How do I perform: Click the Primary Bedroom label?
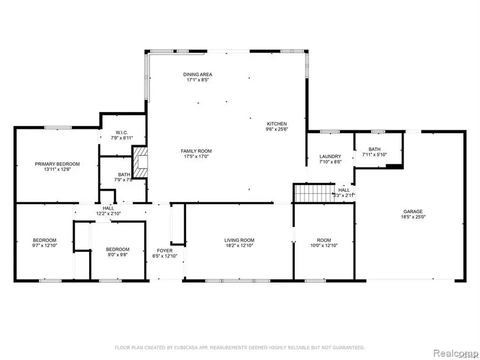pos(57,164)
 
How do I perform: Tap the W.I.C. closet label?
pos(121,133)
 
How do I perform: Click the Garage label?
pos(413,211)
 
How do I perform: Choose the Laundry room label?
pos(330,156)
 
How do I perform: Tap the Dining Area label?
pos(195,75)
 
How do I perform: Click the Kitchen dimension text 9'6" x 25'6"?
pos(277,129)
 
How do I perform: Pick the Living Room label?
pos(239,240)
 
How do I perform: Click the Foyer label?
pos(164,250)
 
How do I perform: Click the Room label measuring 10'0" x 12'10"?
pos(325,240)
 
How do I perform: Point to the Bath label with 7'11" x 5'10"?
pos(374,149)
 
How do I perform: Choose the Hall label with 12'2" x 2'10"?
pos(108,208)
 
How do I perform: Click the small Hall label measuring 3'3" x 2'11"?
pos(344,190)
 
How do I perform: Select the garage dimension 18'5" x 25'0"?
pos(413,217)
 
